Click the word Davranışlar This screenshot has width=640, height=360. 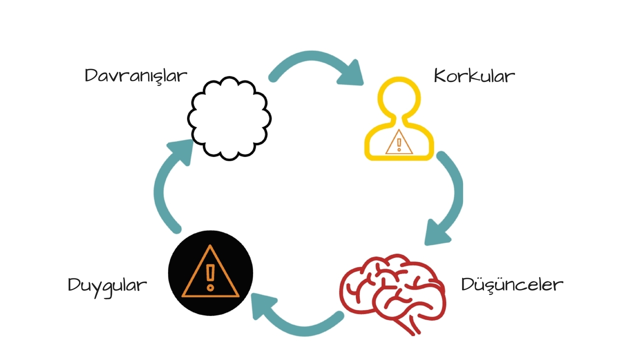tap(136, 76)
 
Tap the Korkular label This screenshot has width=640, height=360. tap(474, 75)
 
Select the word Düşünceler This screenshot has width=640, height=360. tap(512, 284)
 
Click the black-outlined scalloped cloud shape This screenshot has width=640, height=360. tap(229, 118)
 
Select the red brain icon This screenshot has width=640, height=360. tap(393, 294)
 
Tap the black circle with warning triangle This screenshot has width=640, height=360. tap(210, 273)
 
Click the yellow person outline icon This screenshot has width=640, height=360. tap(399, 118)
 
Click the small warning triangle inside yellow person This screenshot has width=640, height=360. tap(399, 142)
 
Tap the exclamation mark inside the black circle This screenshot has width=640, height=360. tap(210, 277)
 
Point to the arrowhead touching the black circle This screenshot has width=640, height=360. tap(262, 305)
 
